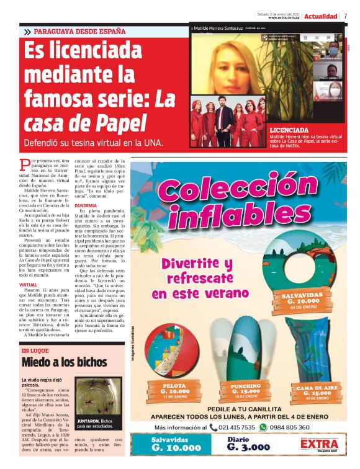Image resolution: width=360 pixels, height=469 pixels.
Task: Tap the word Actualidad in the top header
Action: click(x=322, y=16)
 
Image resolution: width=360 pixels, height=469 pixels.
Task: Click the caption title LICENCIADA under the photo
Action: click(x=289, y=130)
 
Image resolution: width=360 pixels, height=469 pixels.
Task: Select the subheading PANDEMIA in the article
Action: click(x=86, y=205)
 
